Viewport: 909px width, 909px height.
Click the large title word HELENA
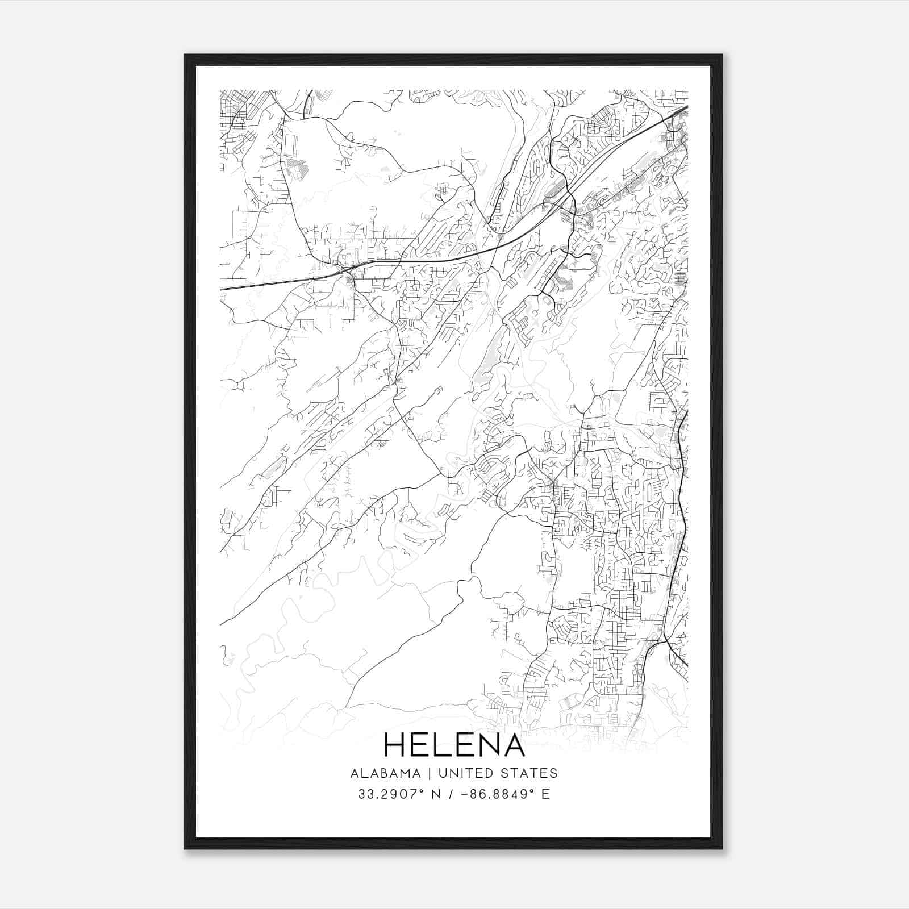point(454,745)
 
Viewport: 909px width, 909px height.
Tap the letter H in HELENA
point(396,745)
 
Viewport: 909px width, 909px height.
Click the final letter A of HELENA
point(514,745)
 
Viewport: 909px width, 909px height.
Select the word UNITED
point(465,773)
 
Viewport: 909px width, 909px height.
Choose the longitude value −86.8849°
point(491,794)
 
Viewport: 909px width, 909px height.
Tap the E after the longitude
point(545,794)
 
